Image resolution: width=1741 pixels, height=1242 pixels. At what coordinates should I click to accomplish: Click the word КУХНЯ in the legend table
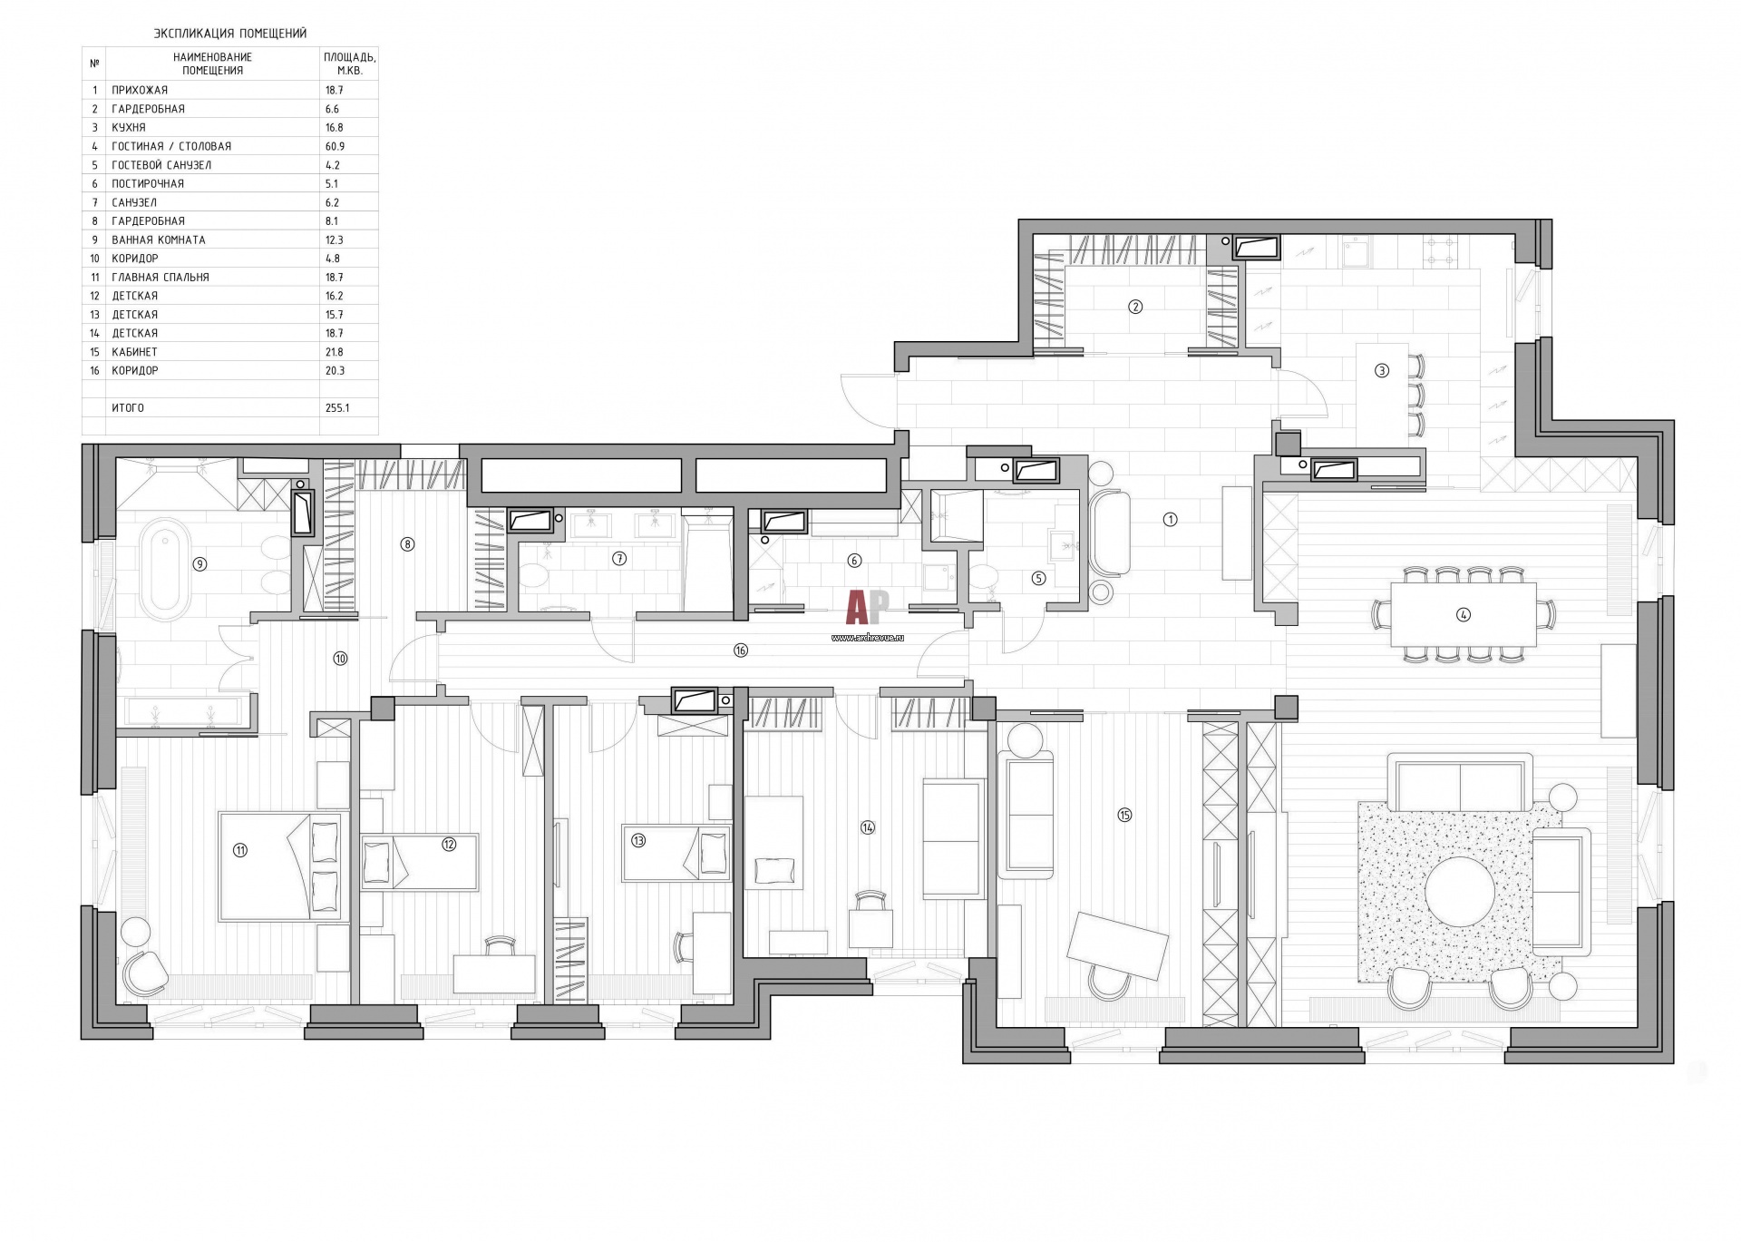129,128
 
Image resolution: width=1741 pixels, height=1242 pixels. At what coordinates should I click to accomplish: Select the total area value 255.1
337,408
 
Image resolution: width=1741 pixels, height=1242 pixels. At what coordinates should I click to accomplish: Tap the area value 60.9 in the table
335,146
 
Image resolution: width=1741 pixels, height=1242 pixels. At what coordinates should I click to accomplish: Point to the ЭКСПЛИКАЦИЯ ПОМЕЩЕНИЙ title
230,34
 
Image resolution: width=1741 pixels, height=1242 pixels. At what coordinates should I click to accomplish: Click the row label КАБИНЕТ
134,352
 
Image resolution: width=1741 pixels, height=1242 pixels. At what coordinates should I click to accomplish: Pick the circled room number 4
1463,614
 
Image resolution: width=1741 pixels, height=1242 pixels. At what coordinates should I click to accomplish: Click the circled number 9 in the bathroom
200,564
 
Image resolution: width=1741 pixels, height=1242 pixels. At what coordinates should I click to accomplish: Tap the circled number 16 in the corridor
741,650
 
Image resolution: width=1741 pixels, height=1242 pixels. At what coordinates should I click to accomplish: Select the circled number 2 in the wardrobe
1135,307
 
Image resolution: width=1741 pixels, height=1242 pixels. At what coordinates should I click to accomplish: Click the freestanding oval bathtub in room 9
165,563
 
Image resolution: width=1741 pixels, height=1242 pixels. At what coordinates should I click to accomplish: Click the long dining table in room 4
1464,614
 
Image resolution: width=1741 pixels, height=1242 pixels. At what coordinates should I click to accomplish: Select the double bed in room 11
281,866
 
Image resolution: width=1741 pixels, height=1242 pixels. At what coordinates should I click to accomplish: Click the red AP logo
868,607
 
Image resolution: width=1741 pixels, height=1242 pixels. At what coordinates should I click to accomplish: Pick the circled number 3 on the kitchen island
1382,370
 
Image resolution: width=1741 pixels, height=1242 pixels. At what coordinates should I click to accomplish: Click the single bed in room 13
676,853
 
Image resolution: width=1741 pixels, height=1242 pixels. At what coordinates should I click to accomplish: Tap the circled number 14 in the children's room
868,827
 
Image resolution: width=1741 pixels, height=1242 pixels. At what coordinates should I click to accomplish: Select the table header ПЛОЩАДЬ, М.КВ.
350,64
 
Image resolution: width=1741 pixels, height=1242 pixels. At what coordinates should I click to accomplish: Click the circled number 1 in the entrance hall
1170,520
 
